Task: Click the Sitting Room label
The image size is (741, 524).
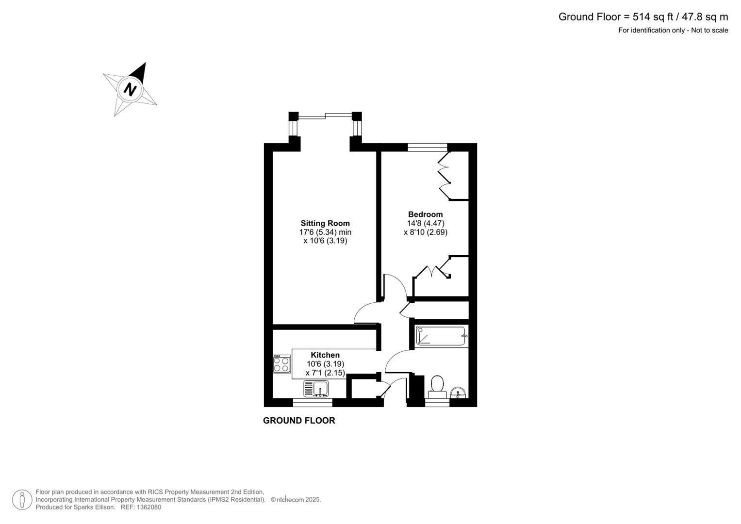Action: pyautogui.click(x=325, y=223)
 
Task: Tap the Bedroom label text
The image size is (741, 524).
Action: pyautogui.click(x=425, y=214)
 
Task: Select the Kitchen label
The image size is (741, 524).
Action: pyautogui.click(x=325, y=355)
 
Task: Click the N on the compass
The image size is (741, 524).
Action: pyautogui.click(x=130, y=89)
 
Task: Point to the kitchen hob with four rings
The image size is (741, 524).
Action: pyautogui.click(x=281, y=364)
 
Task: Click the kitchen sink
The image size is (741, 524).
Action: pyautogui.click(x=320, y=388)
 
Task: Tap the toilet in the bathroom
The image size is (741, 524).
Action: pyautogui.click(x=437, y=385)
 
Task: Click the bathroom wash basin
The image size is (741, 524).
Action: pyautogui.click(x=457, y=392)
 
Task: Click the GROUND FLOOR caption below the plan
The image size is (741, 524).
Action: pyautogui.click(x=299, y=421)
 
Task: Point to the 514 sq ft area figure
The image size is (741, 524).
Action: pyautogui.click(x=653, y=17)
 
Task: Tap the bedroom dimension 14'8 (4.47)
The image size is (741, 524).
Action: pyautogui.click(x=425, y=223)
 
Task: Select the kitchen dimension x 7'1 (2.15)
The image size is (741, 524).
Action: pyautogui.click(x=325, y=373)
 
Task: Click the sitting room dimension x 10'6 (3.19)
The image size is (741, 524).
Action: pyautogui.click(x=325, y=241)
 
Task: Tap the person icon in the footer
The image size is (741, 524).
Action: pyautogui.click(x=22, y=499)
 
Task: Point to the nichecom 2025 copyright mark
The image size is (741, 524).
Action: pyautogui.click(x=296, y=499)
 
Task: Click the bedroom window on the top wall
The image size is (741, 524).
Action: pyautogui.click(x=427, y=147)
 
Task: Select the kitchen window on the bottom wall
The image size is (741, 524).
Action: pyautogui.click(x=313, y=402)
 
